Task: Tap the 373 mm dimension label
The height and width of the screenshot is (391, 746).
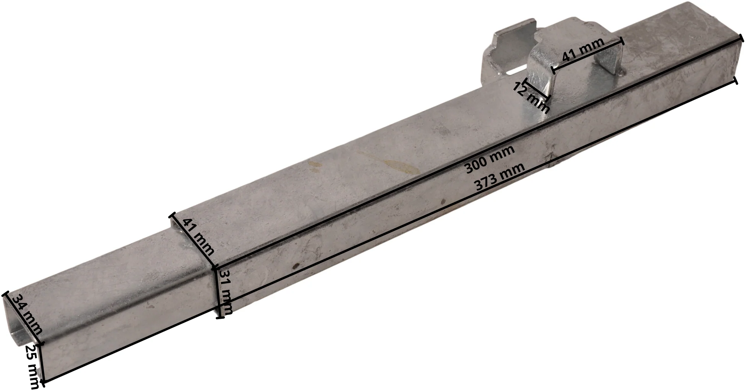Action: click(499, 177)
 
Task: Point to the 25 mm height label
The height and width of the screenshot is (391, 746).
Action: click(34, 367)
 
